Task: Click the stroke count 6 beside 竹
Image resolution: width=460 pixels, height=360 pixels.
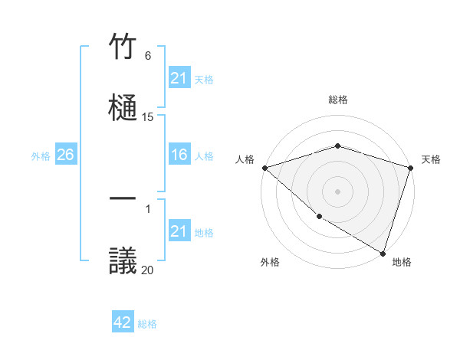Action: point(148,56)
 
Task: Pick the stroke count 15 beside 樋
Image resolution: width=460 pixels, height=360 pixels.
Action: point(148,117)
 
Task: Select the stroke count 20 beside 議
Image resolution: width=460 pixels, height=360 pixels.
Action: point(148,270)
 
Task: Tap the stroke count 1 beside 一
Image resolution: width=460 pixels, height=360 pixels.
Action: point(148,209)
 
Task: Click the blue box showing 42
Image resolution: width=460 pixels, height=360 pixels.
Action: point(123,322)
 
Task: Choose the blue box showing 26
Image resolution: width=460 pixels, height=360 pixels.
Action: point(65,155)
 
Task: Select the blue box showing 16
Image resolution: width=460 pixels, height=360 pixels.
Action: point(179,155)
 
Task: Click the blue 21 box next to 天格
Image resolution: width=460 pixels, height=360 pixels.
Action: point(179,78)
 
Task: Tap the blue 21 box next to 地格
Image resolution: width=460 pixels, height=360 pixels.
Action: point(179,231)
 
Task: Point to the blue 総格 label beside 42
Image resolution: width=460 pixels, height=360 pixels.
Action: point(147,324)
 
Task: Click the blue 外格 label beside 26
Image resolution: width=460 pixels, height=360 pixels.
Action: point(41,155)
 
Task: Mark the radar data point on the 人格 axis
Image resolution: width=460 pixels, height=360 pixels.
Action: point(264,168)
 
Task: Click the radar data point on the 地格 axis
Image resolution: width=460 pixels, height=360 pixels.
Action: point(383,253)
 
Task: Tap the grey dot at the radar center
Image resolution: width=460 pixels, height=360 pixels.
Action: point(337,191)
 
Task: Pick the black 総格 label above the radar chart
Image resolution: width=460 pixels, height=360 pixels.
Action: point(337,100)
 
